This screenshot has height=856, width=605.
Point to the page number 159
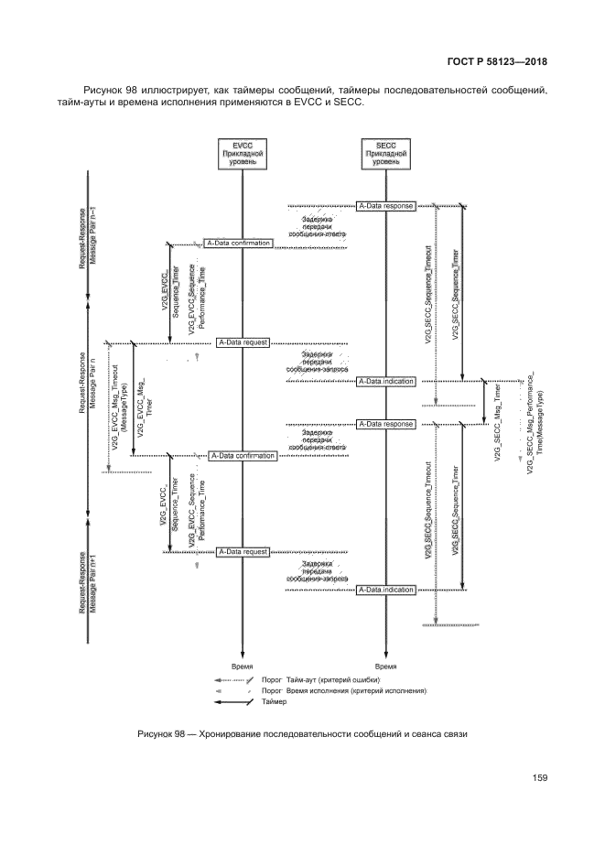pos(538,778)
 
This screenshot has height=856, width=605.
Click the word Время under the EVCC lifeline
pos(243,666)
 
